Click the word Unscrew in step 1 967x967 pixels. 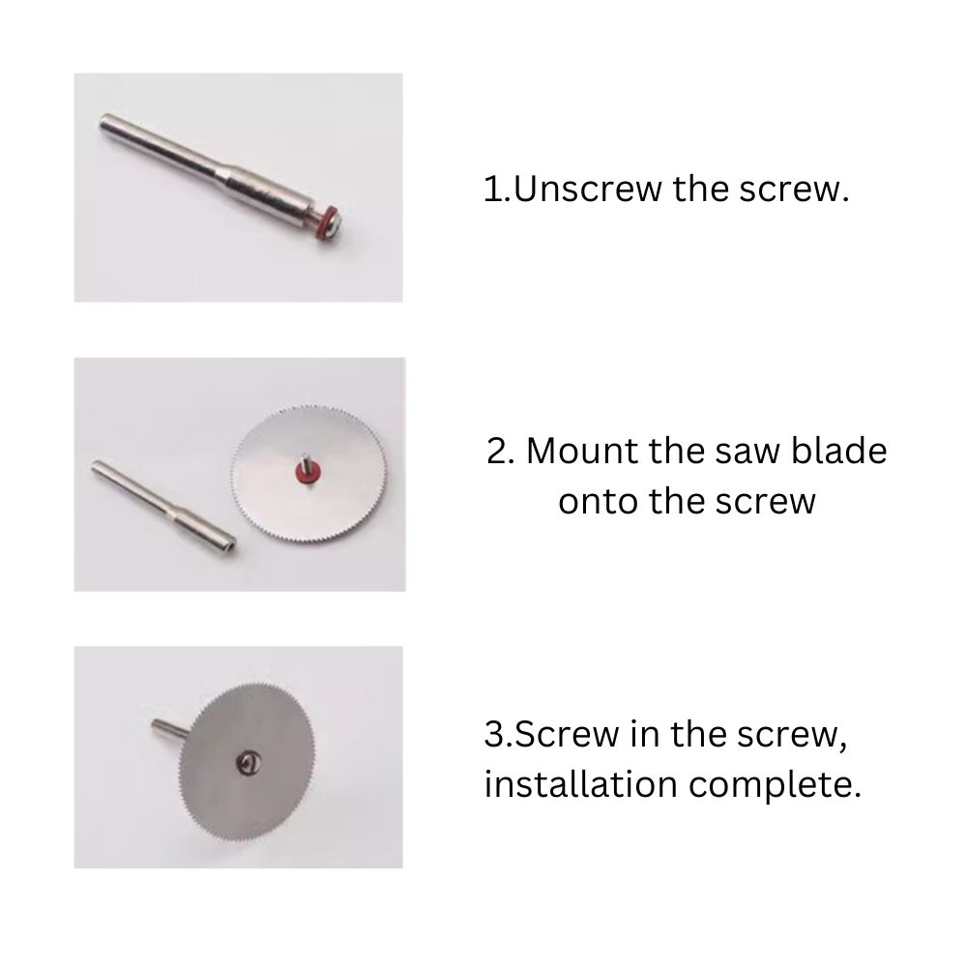click(587, 189)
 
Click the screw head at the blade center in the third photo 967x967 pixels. click(249, 765)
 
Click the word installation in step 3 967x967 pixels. click(581, 784)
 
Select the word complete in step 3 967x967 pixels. click(775, 785)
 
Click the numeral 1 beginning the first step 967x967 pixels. click(493, 189)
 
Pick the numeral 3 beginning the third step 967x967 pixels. click(494, 734)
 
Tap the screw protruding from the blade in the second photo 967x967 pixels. click(305, 460)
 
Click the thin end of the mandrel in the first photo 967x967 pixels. click(106, 122)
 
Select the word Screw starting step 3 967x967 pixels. click(567, 734)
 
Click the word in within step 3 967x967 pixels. click(644, 733)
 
